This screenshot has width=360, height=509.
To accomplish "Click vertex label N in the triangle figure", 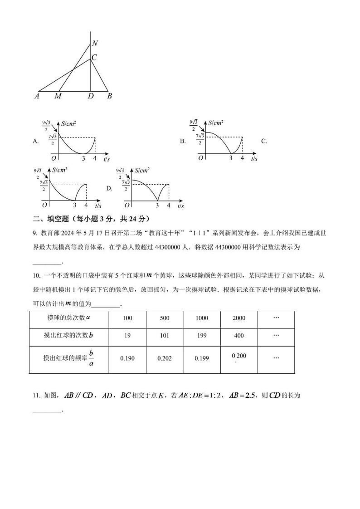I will (95, 44).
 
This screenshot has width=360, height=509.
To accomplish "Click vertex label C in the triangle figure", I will (94, 58).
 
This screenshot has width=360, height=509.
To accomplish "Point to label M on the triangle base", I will (58, 96).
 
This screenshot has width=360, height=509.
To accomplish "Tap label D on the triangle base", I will (91, 96).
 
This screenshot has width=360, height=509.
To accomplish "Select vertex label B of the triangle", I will (109, 96).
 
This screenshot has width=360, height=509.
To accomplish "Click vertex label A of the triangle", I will (37, 96).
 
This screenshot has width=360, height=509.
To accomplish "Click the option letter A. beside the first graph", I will (36, 141).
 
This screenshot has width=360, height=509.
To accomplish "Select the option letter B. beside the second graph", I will (183, 141).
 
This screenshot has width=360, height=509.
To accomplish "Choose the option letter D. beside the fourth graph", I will (109, 188).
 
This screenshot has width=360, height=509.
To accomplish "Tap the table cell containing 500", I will (165, 318).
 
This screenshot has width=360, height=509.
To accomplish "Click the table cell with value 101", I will (165, 336).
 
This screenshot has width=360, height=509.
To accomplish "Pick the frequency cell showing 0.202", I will (165, 358).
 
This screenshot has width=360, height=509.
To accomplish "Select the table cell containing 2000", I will (239, 318).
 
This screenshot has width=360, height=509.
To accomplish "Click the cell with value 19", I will (127, 336).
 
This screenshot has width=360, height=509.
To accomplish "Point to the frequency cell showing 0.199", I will (202, 358).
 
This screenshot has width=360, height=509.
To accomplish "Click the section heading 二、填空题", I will (50, 219).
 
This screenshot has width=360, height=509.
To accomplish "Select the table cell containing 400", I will (239, 336).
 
